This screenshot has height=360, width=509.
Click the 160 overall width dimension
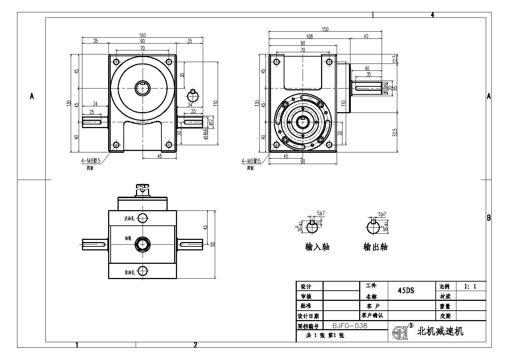coord(142,35)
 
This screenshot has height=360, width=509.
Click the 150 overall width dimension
coord(325,29)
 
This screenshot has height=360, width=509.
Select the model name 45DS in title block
coord(406,290)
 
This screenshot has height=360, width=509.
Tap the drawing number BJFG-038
coord(350,326)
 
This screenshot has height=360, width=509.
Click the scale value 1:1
coord(470,286)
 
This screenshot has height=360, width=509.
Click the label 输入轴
coord(317,247)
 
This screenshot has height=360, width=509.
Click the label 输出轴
coord(375,247)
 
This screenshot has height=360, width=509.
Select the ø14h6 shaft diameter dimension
coord(205,133)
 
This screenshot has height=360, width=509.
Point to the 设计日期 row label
coord(308,316)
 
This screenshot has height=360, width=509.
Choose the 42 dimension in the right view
coord(366,36)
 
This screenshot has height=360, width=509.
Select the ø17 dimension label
coord(211,120)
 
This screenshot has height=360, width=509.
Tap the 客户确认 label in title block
coord(372,315)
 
